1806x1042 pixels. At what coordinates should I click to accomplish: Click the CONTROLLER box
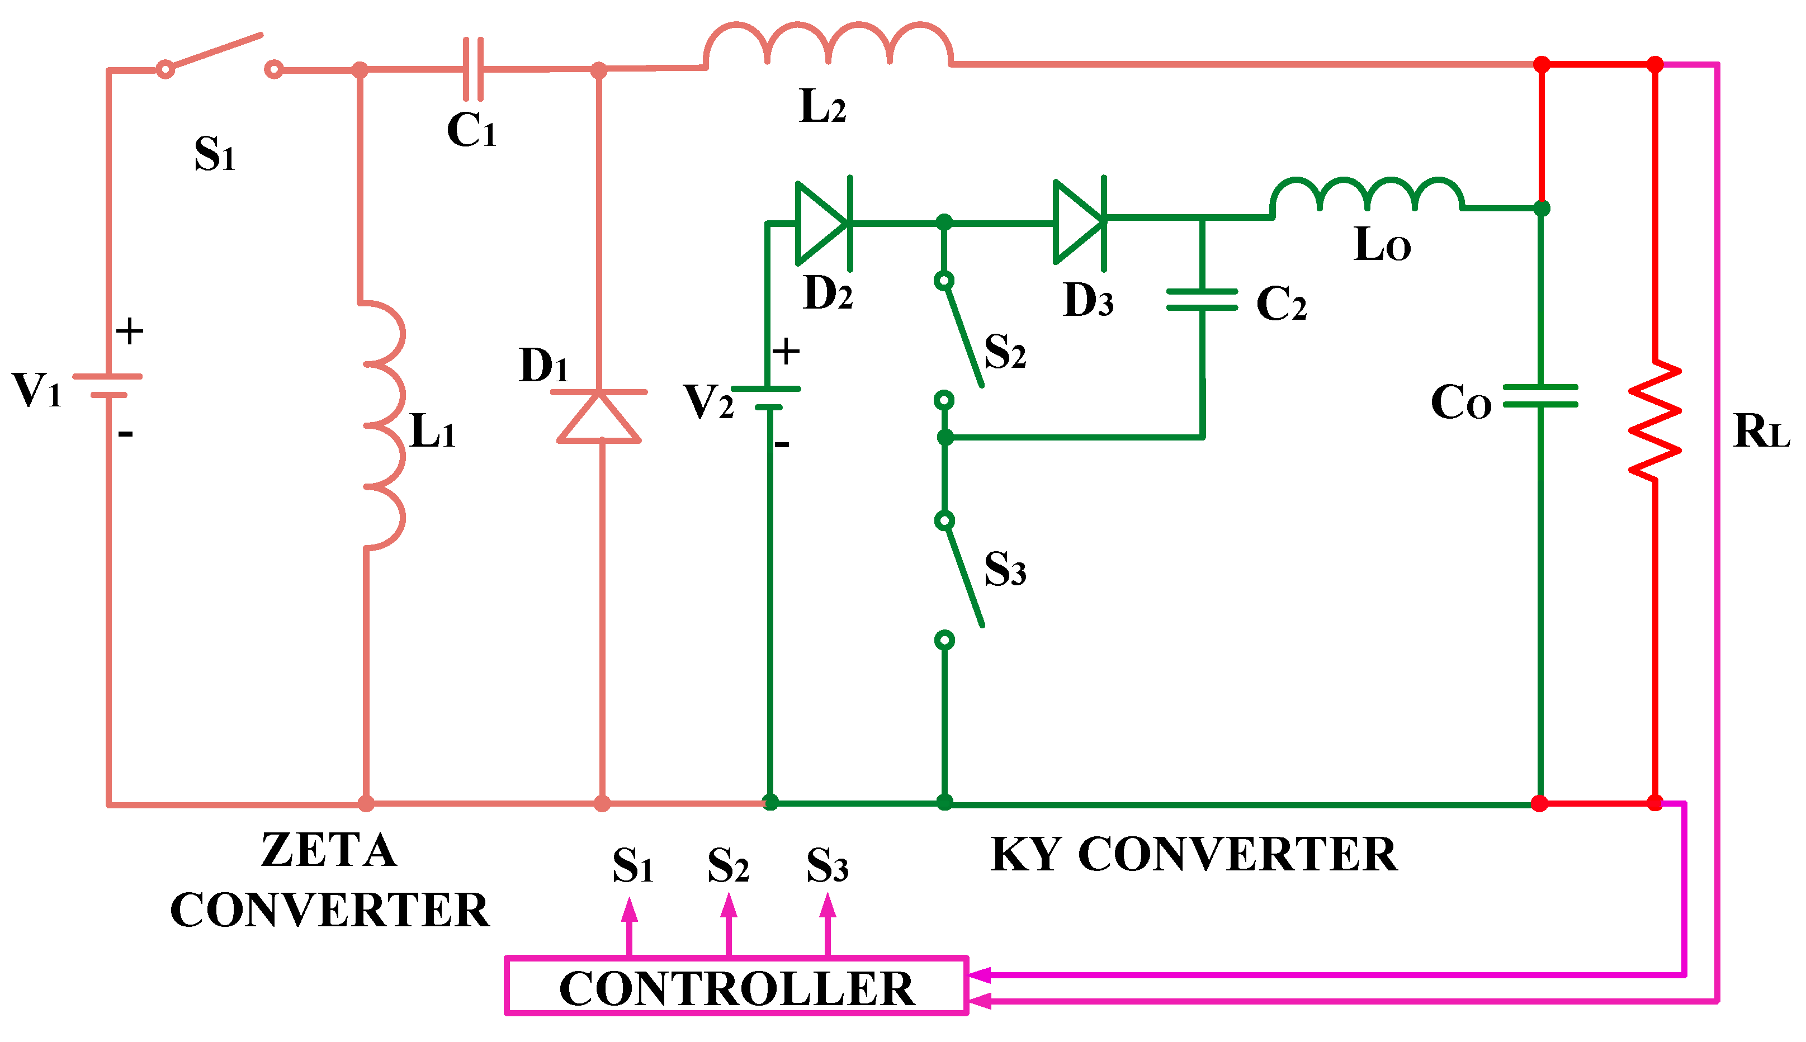[736, 986]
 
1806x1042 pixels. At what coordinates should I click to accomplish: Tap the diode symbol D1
[599, 417]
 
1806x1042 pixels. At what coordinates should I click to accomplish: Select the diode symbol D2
[823, 223]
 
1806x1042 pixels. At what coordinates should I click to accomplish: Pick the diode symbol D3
[1080, 222]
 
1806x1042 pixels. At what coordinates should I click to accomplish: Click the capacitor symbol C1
[473, 69]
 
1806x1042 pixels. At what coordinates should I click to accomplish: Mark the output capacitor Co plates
[1540, 396]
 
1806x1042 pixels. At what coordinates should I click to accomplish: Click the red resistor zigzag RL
[1654, 421]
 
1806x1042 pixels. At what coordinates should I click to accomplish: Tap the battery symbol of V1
[108, 385]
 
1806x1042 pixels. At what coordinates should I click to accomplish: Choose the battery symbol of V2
[767, 398]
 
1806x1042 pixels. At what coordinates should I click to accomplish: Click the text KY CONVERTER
[1193, 855]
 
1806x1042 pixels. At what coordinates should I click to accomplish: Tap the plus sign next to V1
[130, 331]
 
